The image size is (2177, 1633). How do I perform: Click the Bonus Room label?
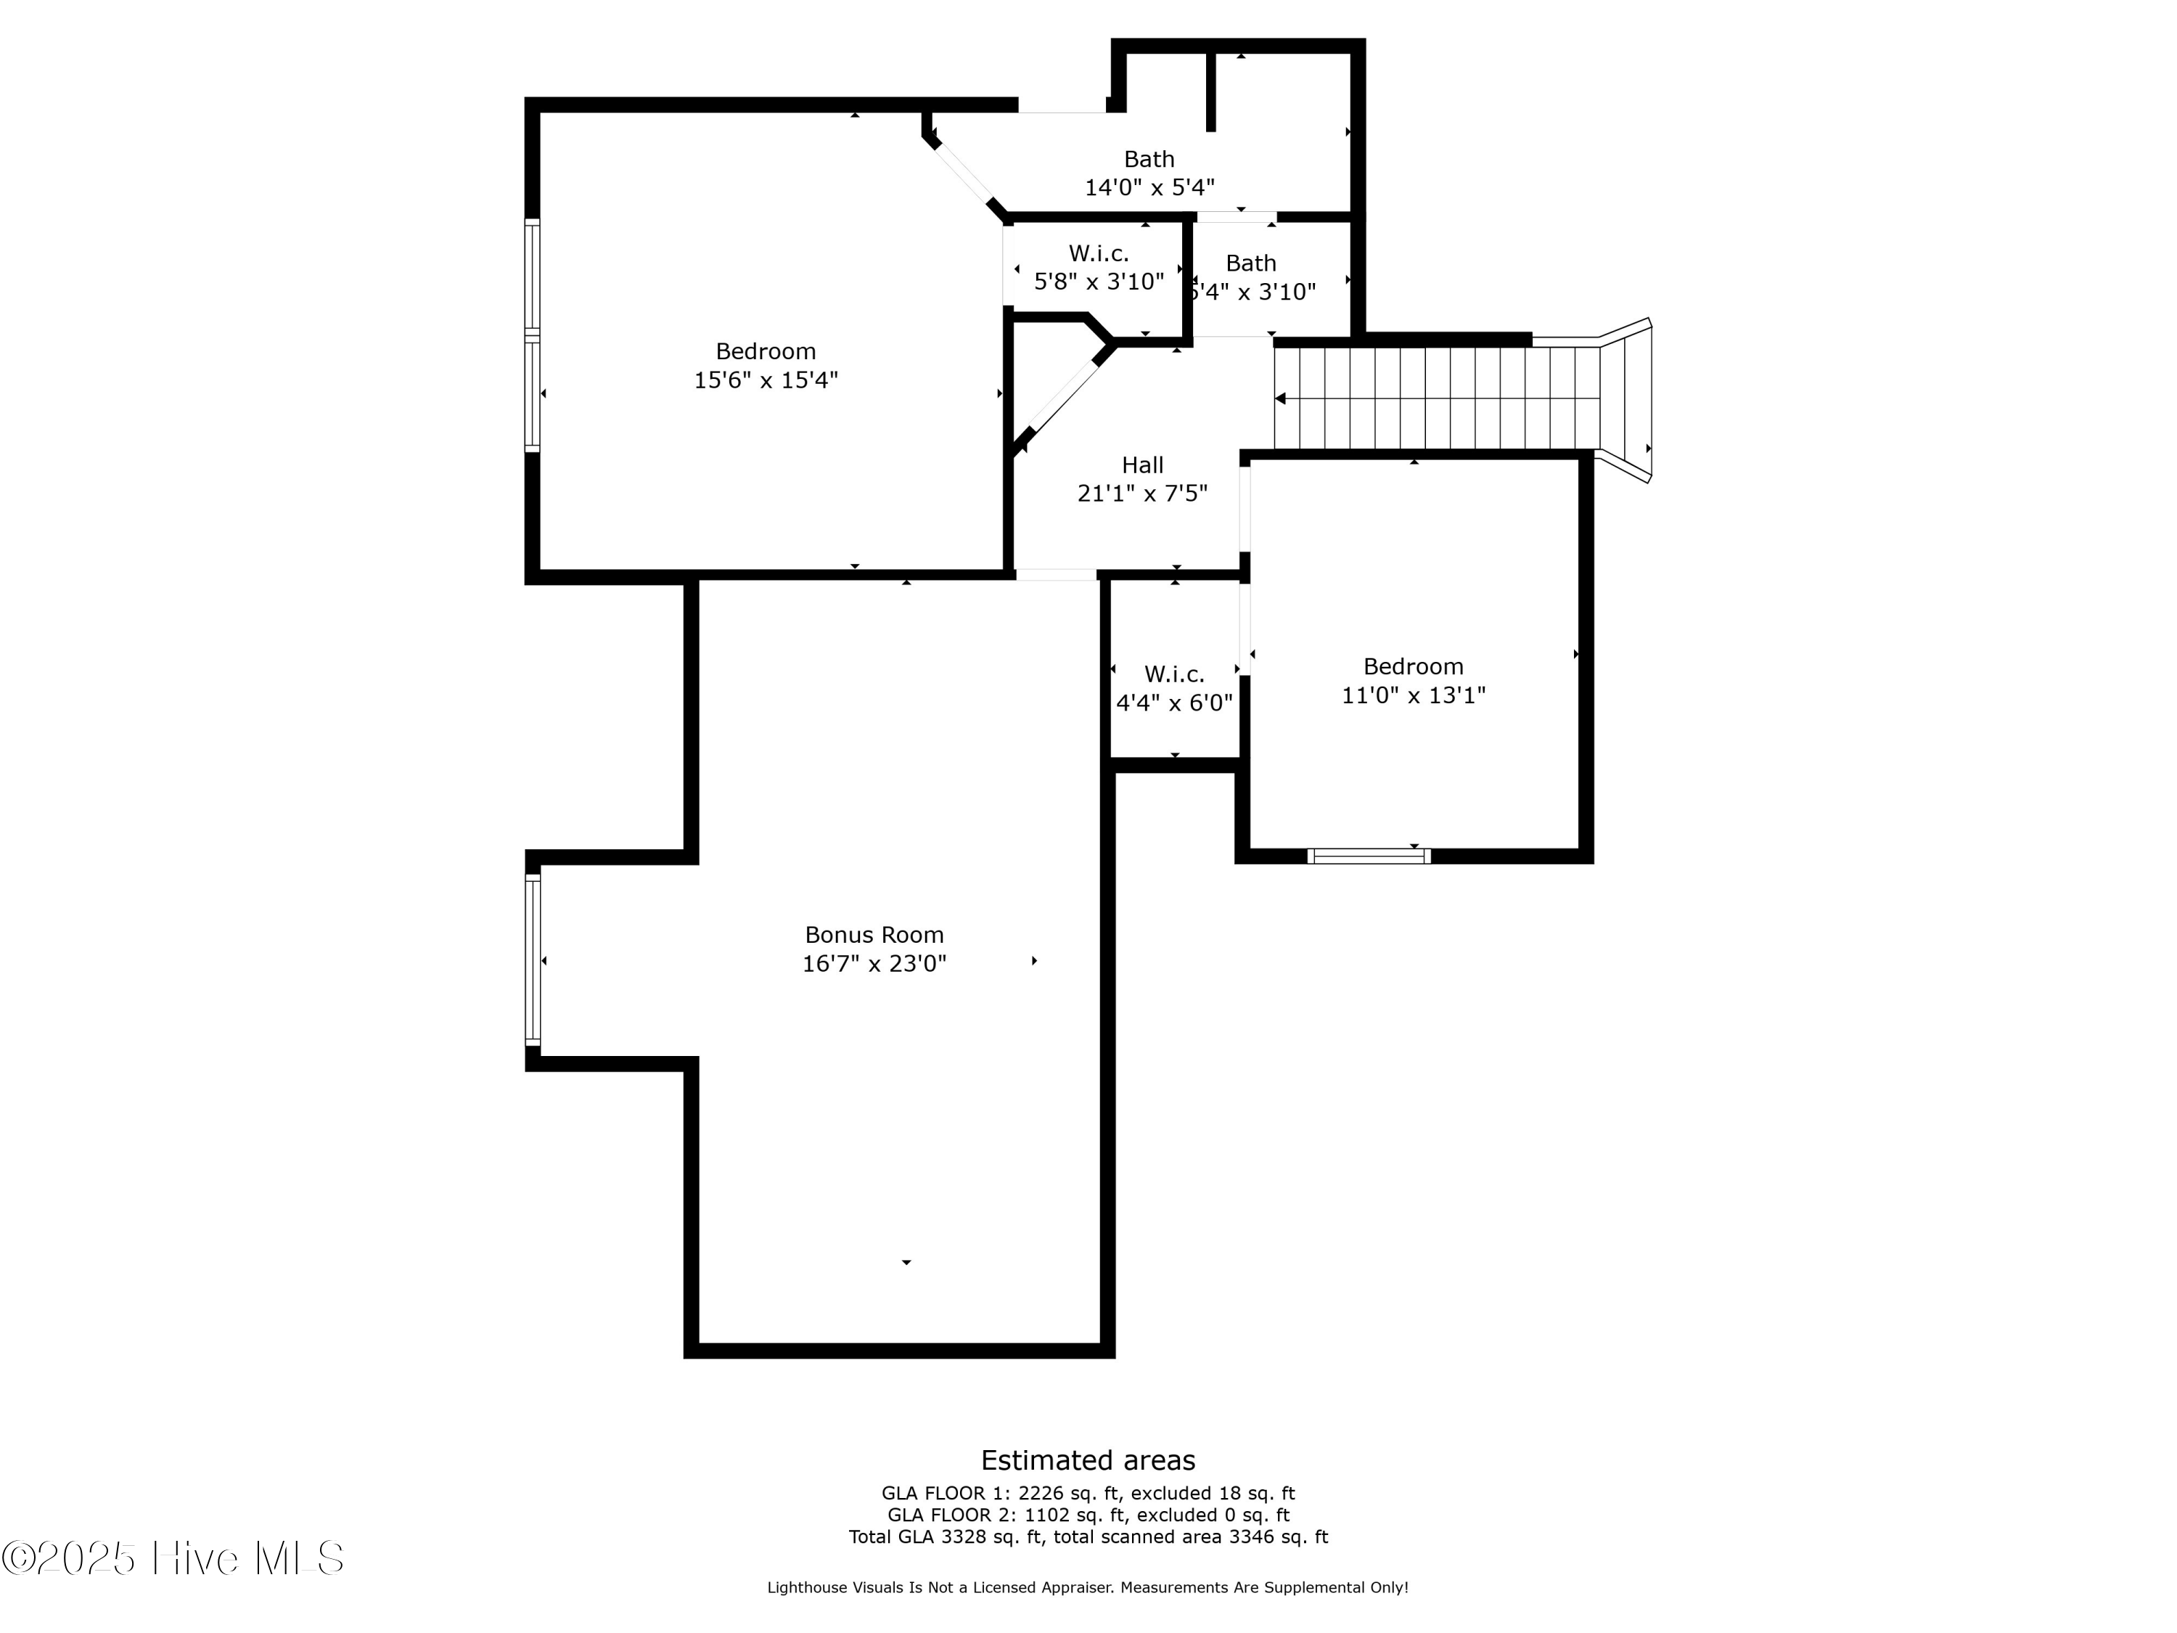click(874, 935)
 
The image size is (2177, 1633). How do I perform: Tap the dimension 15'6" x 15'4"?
click(766, 380)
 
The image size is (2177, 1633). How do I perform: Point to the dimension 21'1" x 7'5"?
click(1143, 493)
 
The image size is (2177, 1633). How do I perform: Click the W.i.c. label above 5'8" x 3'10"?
click(1099, 254)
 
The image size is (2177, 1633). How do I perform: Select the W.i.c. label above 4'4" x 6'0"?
click(1174, 674)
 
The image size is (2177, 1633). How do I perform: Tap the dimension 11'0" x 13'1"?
click(1414, 695)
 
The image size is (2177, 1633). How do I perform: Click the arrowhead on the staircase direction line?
click(1280, 398)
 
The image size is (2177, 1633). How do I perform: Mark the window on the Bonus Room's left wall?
click(533, 959)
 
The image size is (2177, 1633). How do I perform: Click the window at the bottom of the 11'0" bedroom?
click(1369, 856)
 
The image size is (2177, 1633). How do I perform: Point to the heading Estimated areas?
click(1088, 1460)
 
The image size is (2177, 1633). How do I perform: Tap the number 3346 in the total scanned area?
click(1252, 1536)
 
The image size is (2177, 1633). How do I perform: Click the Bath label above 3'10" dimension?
click(1251, 263)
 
